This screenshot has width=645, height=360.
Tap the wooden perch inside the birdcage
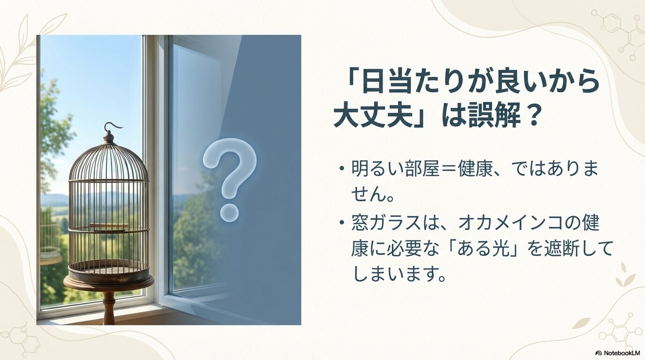point(109,225)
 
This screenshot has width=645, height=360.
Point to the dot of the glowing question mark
point(230,213)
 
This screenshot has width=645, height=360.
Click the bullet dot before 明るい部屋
point(342,169)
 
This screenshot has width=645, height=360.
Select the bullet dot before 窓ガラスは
point(342,223)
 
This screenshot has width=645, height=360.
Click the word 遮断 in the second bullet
point(554,250)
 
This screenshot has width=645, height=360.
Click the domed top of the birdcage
point(109,161)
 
